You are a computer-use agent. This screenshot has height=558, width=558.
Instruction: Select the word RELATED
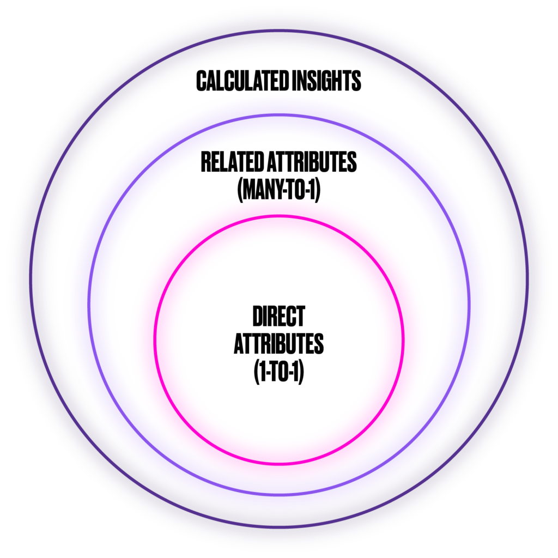pos(233,163)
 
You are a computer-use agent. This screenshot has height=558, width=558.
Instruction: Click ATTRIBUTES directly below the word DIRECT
pos(278,345)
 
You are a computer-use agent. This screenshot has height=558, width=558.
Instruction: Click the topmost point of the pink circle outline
pos(279,216)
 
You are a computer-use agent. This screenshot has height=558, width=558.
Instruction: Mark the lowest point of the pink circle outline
pos(279,464)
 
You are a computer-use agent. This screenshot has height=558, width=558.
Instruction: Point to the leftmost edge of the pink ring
pos(155,340)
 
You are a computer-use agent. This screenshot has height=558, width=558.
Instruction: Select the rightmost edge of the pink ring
pos(403,340)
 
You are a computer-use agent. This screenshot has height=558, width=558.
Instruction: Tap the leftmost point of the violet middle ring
pos(88,305)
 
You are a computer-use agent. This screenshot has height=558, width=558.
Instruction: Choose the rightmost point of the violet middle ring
pos(470,305)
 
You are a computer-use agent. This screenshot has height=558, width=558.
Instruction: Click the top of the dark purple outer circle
pos(279,31)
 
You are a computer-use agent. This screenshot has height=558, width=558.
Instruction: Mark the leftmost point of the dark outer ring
pos(31,279)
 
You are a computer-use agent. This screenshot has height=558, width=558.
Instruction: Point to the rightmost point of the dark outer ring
pos(527,279)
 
